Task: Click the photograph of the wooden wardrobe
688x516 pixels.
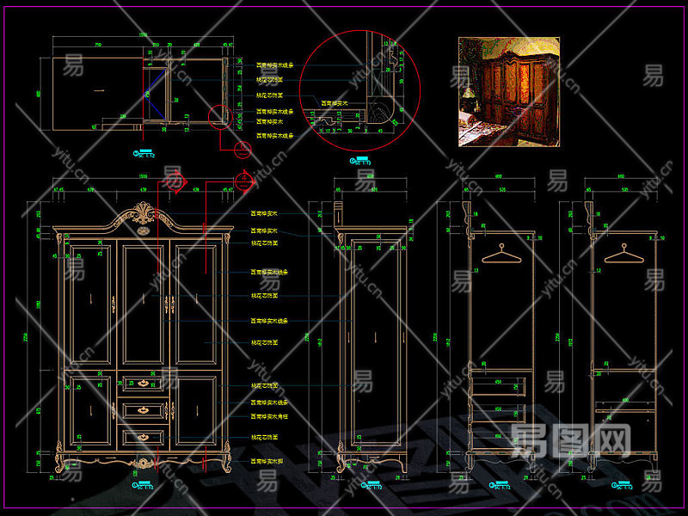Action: pos(509,91)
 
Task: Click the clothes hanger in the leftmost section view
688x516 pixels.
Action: pos(500,253)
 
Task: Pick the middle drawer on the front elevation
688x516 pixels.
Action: pos(143,410)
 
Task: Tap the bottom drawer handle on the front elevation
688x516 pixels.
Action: pos(143,439)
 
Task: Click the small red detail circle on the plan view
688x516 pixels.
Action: pos(220,114)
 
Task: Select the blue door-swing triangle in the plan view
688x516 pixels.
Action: pos(156,90)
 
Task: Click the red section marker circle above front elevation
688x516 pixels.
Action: pos(176,181)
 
